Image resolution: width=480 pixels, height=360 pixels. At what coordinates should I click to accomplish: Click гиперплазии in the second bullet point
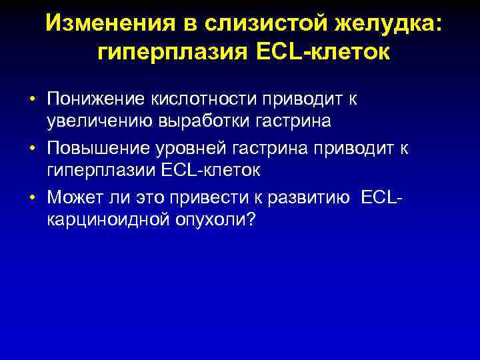[100, 171]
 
